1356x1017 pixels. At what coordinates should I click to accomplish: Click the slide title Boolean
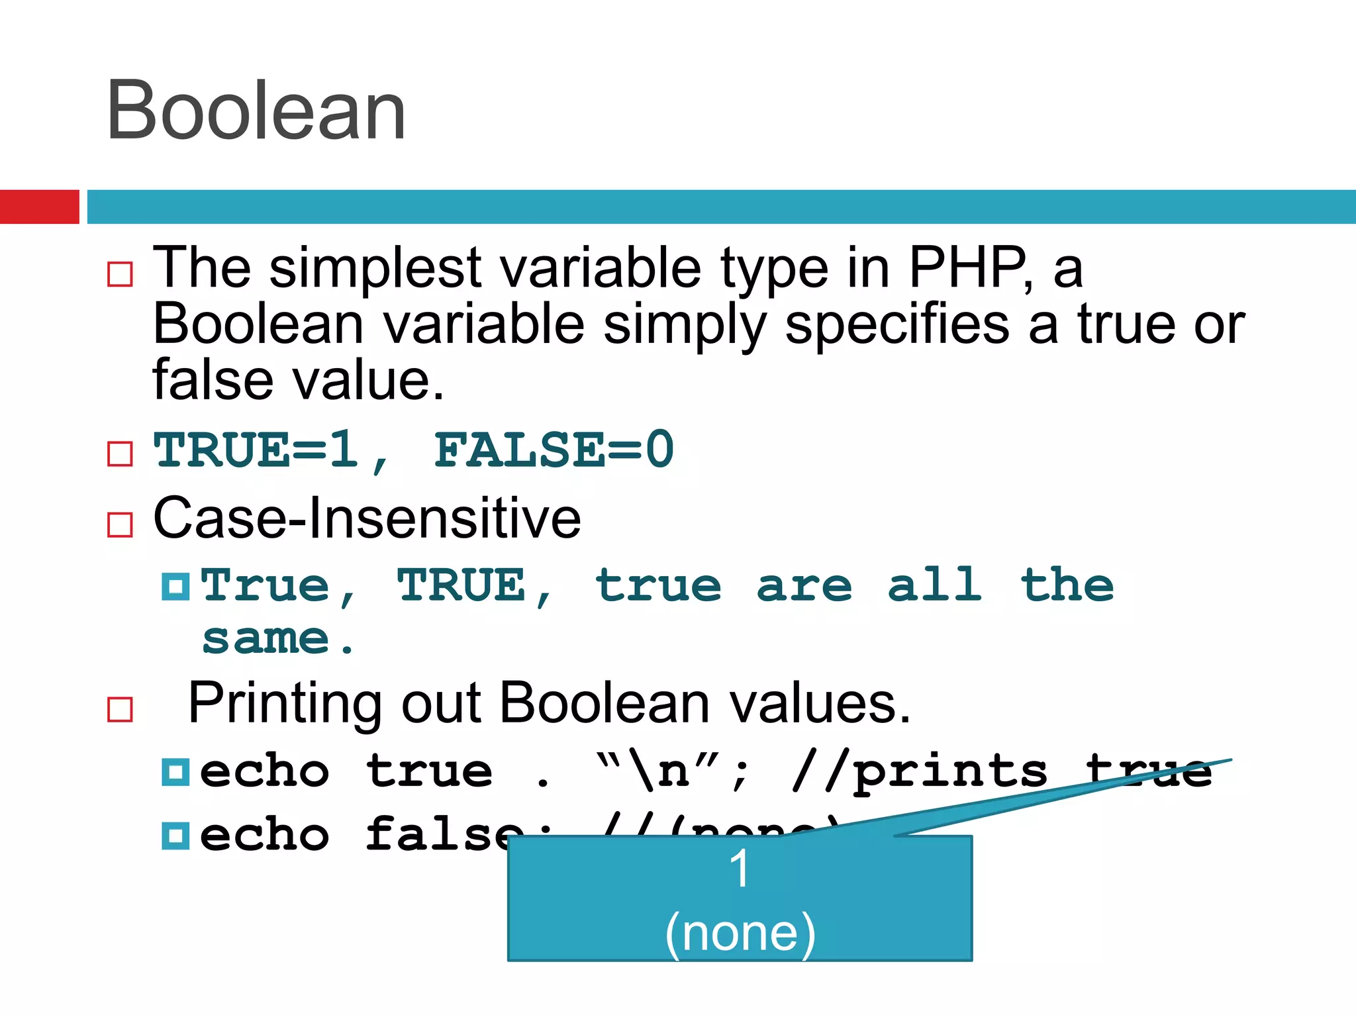click(x=256, y=111)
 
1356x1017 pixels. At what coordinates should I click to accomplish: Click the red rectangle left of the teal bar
click(x=39, y=207)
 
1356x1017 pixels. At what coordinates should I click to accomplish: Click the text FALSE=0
click(x=554, y=450)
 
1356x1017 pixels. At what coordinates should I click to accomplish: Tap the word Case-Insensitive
click(x=367, y=518)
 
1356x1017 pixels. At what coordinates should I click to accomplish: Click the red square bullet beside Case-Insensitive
click(x=120, y=524)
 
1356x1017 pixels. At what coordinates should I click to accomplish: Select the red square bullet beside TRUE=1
click(x=120, y=454)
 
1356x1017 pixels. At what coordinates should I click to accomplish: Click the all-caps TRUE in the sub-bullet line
click(x=461, y=585)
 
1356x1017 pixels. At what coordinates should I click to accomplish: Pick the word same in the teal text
click(x=265, y=640)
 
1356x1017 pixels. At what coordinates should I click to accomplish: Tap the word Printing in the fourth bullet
click(x=285, y=703)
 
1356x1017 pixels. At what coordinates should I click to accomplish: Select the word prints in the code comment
click(x=950, y=772)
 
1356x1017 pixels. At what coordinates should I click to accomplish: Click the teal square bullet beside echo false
click(x=175, y=836)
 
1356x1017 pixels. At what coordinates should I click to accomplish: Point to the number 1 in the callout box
click(x=740, y=869)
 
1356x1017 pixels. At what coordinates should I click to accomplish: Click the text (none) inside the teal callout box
click(x=740, y=932)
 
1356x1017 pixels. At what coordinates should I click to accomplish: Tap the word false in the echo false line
click(x=444, y=834)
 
